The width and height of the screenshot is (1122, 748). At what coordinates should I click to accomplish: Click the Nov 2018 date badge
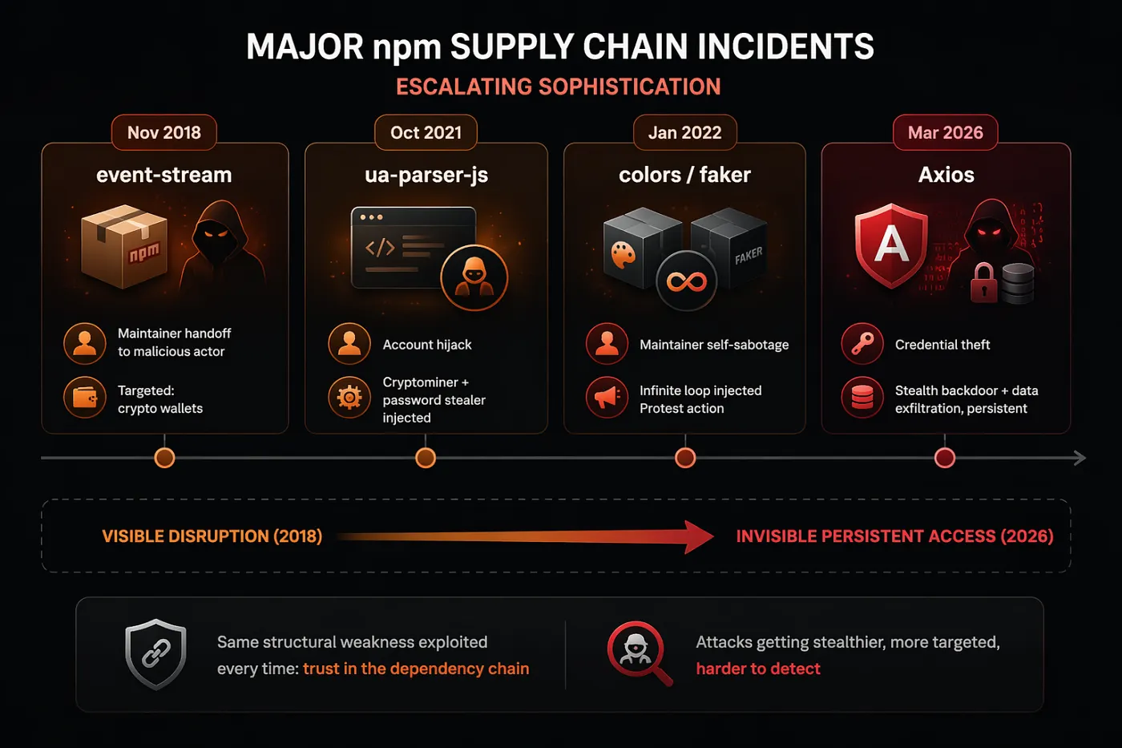pos(164,132)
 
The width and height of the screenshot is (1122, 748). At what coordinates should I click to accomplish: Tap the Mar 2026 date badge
pos(945,132)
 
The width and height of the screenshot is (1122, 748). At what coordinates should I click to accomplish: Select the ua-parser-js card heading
pos(426,175)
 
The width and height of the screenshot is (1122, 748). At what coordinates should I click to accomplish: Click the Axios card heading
pos(946,175)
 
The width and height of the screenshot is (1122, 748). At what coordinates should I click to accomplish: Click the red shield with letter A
pos(891,245)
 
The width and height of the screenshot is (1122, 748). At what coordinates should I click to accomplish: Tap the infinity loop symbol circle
pos(686,281)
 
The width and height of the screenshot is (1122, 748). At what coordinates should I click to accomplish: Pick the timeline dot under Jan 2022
pos(685,458)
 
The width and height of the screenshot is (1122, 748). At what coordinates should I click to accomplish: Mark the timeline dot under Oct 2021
pos(426,458)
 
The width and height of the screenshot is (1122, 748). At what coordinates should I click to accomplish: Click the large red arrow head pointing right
pos(697,536)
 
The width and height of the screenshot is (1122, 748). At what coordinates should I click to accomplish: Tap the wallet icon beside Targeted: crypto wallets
pos(85,398)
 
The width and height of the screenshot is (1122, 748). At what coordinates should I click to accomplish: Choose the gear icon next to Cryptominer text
pos(349,398)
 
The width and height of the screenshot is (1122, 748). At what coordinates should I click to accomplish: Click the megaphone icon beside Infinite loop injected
pos(607,397)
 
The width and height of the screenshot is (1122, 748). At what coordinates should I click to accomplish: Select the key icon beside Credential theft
pos(862,344)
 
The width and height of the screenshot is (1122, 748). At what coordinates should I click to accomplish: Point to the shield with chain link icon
pos(155,653)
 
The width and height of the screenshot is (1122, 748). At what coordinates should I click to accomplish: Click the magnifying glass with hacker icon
pos(638,651)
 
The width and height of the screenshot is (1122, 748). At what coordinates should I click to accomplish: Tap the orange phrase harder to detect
pos(758,669)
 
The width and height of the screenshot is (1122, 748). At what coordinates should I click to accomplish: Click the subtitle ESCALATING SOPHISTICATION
pos(559,87)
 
